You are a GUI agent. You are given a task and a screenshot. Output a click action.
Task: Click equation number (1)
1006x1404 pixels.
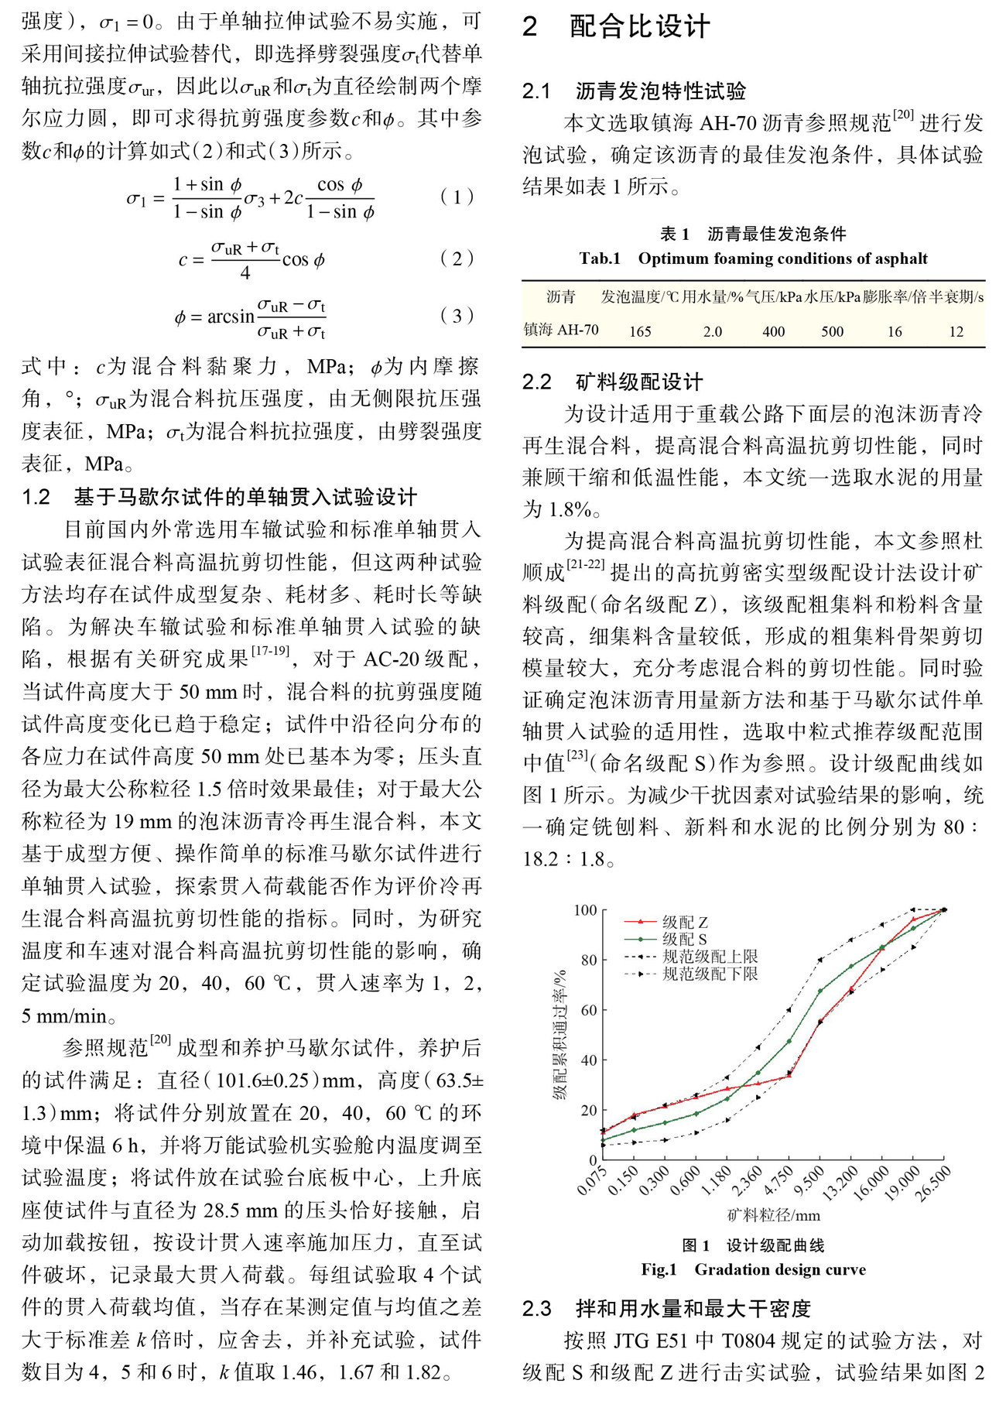(x=457, y=197)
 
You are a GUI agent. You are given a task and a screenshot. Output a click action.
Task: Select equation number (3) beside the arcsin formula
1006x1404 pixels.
(x=457, y=316)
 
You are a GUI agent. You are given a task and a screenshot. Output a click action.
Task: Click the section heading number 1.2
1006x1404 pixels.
(x=36, y=497)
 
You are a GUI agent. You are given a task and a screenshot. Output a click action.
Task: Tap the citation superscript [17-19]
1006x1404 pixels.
(x=271, y=652)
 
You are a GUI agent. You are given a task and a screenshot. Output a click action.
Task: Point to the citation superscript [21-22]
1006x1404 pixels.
(x=585, y=564)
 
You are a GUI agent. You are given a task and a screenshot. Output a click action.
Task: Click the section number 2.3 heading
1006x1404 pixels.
(x=537, y=1308)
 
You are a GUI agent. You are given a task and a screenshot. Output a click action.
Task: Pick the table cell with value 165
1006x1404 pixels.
(x=640, y=331)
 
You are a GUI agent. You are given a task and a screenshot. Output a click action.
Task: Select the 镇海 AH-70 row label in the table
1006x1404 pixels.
(x=561, y=330)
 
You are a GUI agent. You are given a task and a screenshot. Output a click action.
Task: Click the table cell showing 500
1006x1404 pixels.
(x=832, y=331)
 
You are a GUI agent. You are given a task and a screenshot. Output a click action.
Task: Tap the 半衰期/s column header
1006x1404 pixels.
(x=957, y=297)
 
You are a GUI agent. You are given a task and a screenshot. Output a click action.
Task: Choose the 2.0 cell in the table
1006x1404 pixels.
(x=713, y=331)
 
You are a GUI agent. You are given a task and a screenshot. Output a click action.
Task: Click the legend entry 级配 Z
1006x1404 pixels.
(x=685, y=922)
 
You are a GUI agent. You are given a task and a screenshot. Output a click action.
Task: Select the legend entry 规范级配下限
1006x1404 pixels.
(x=710, y=974)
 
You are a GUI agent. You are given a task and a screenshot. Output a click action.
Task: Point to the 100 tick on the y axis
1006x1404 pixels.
(x=585, y=910)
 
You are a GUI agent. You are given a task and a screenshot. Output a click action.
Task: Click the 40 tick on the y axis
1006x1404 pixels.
(x=589, y=1060)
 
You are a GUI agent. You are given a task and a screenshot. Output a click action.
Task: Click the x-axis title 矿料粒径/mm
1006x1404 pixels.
(x=773, y=1215)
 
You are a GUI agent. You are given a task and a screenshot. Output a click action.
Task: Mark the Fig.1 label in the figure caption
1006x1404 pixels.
(x=659, y=1269)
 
